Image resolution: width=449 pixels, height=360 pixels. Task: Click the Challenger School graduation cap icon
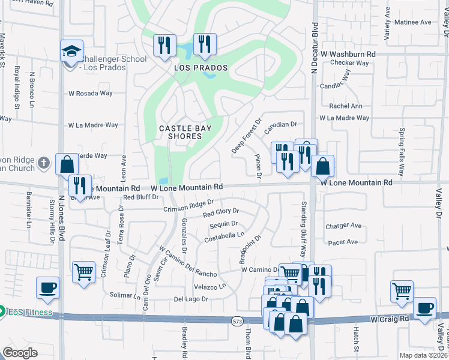click(71, 51)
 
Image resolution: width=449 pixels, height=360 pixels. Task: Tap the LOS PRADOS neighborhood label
click(201, 68)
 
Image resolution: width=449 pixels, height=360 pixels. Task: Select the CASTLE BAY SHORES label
click(180, 132)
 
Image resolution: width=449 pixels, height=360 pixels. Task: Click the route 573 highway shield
click(237, 322)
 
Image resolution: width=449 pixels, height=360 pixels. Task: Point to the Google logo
click(20, 353)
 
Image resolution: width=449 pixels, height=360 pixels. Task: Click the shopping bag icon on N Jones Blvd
click(67, 164)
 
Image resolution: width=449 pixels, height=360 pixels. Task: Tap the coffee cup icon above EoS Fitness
click(47, 287)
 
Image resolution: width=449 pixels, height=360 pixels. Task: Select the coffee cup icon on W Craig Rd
click(425, 308)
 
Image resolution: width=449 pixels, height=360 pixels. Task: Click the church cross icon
click(43, 163)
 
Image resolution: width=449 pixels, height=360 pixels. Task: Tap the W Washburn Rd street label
click(348, 54)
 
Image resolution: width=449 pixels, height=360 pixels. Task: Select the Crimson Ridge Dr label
click(188, 206)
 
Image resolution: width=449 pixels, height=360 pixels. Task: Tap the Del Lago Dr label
click(190, 299)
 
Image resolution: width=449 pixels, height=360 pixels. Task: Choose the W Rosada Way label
click(91, 94)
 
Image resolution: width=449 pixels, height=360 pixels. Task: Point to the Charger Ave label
click(343, 226)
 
